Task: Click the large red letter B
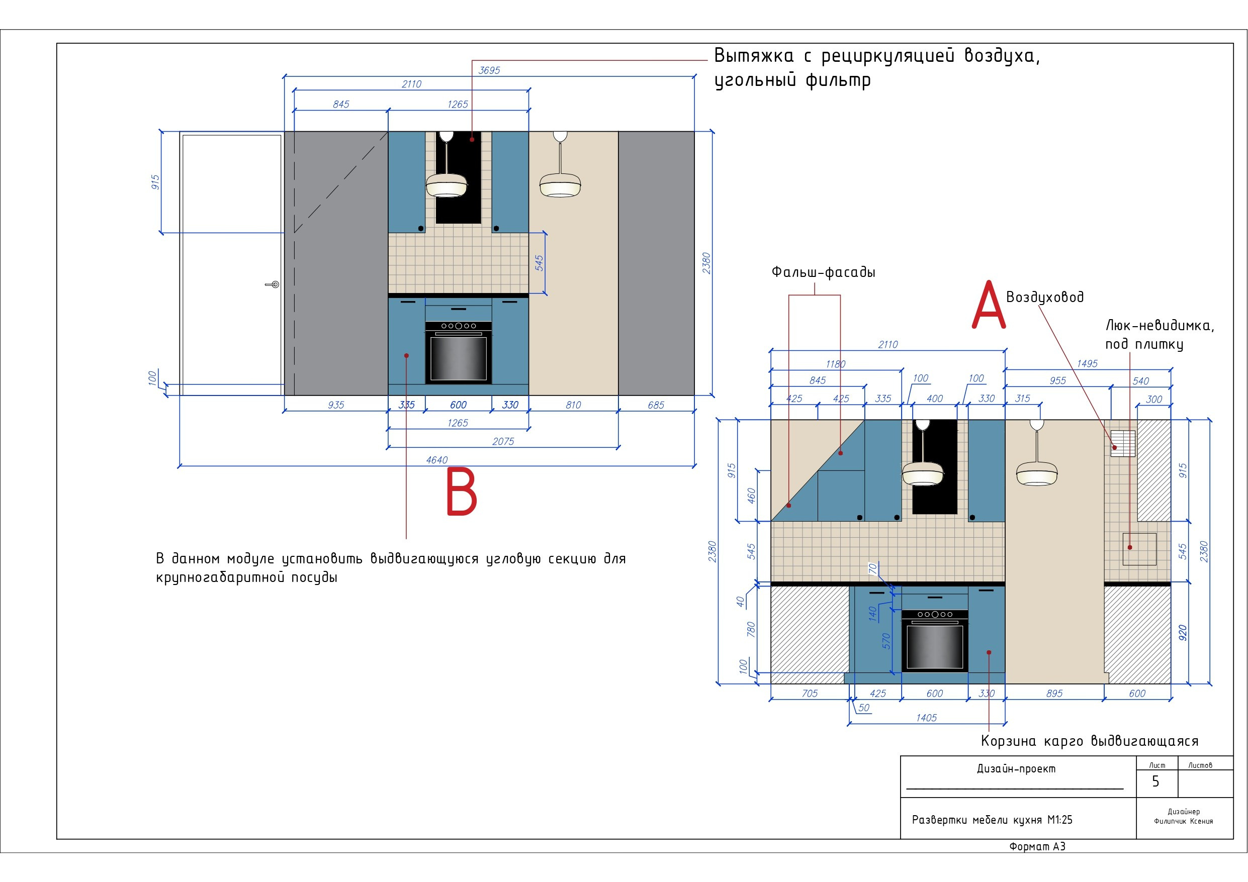click(x=462, y=492)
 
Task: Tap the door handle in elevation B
click(x=273, y=284)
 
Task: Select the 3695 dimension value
click(x=489, y=70)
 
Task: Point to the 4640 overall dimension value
click(x=437, y=460)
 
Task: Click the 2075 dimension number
click(x=503, y=441)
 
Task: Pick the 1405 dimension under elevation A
click(x=927, y=718)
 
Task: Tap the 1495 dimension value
click(x=1088, y=363)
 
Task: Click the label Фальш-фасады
click(x=824, y=272)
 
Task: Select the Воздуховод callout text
click(x=1045, y=297)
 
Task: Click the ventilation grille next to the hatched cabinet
click(x=1123, y=443)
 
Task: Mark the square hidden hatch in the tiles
click(x=1140, y=549)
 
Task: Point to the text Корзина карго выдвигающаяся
click(x=1090, y=741)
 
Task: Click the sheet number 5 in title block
click(x=1156, y=781)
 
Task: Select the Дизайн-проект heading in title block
click(x=1016, y=768)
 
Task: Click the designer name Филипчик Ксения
click(x=1184, y=821)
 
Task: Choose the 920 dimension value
click(x=1183, y=633)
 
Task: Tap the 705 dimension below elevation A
click(x=810, y=694)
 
